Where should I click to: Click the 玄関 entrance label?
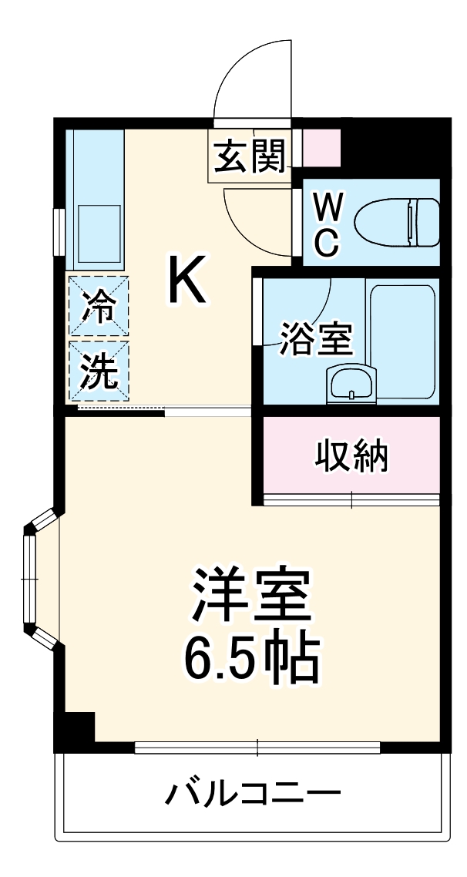(x=250, y=156)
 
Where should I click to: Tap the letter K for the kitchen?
(x=187, y=281)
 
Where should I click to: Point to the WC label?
(x=328, y=224)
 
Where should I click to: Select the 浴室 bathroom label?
(x=316, y=340)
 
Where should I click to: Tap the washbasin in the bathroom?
(x=351, y=383)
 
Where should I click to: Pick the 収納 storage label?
(x=351, y=457)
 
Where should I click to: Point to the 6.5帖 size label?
(x=251, y=657)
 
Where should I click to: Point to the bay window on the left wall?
(x=31, y=578)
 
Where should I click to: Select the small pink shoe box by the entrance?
(x=321, y=149)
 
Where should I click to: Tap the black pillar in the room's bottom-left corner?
(x=76, y=727)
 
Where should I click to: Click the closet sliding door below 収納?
(x=351, y=499)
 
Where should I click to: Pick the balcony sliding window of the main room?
(x=257, y=747)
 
